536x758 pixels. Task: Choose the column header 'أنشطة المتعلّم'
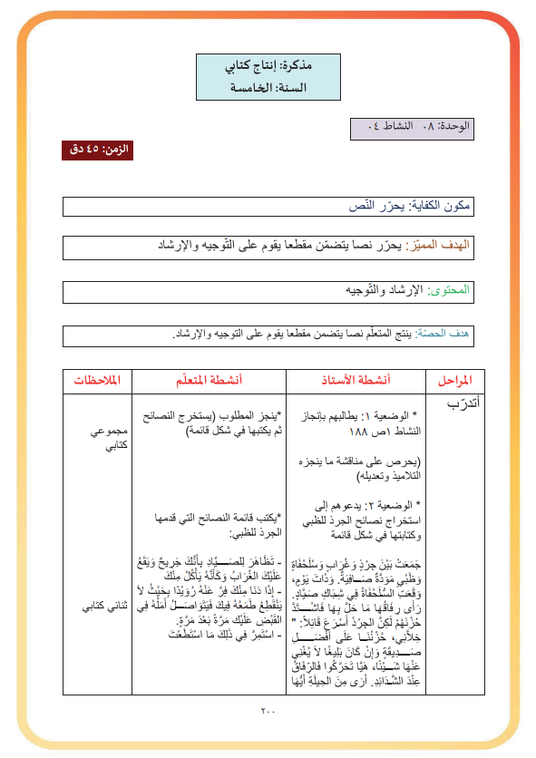pos(210,380)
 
